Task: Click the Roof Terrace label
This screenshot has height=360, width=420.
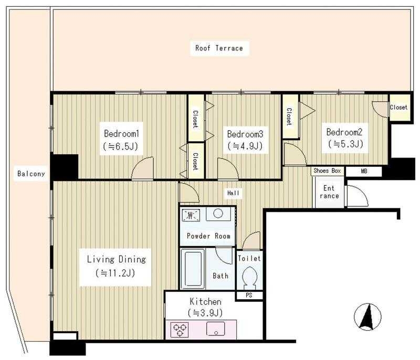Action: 219,48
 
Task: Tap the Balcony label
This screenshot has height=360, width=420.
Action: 31,174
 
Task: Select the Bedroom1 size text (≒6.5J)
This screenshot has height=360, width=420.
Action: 120,146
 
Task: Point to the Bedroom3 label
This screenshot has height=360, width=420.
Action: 245,134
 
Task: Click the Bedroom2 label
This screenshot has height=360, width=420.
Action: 344,132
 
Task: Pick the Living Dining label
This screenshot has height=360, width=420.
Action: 117,259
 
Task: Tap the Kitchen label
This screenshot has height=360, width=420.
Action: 205,302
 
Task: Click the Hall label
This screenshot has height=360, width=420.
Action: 233,193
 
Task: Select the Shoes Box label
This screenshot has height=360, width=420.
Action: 327,171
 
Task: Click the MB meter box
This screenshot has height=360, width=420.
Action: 364,171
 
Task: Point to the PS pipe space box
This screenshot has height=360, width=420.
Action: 249,295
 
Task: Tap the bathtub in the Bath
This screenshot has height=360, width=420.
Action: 193,269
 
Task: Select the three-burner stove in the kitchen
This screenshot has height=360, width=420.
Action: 179,330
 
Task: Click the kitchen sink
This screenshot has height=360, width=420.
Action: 216,329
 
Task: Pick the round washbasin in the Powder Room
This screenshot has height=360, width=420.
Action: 218,214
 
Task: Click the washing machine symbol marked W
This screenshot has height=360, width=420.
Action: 191,215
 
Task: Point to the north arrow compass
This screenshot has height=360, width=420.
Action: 367,317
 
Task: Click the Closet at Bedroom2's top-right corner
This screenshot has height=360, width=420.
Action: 400,108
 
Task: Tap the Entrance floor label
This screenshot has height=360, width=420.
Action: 329,192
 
